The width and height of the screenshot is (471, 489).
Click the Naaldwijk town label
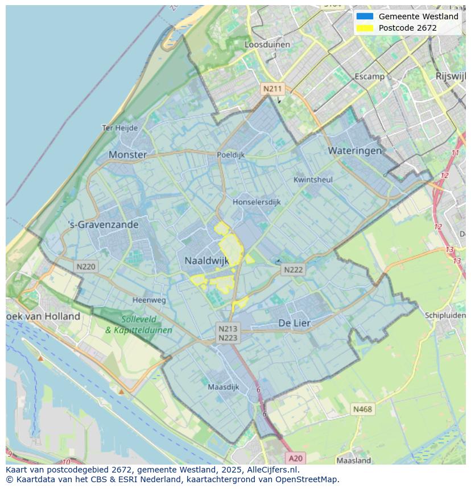point(206,261)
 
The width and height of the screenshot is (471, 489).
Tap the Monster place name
point(127,154)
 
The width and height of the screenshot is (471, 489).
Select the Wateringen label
point(354,151)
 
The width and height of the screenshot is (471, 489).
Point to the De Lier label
point(294,323)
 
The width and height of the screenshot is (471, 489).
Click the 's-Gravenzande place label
point(104,224)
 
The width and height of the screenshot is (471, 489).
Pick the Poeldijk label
point(230,154)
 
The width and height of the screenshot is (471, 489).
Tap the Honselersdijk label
point(257,202)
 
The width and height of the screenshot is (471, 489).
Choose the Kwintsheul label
point(313,179)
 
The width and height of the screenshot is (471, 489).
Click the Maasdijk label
point(224,387)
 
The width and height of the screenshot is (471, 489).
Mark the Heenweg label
point(149,300)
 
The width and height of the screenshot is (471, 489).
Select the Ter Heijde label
point(119,128)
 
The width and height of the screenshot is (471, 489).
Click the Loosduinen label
point(267,44)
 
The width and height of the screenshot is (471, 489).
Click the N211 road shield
point(272,89)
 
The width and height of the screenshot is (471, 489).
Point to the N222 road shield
point(293,270)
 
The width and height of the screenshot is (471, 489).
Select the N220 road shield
point(86,266)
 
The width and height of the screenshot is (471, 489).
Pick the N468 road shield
point(362,409)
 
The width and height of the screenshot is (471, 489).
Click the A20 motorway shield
point(296,458)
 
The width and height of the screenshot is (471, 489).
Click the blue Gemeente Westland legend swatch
point(365,16)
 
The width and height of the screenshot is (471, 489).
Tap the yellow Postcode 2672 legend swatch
point(365,28)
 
